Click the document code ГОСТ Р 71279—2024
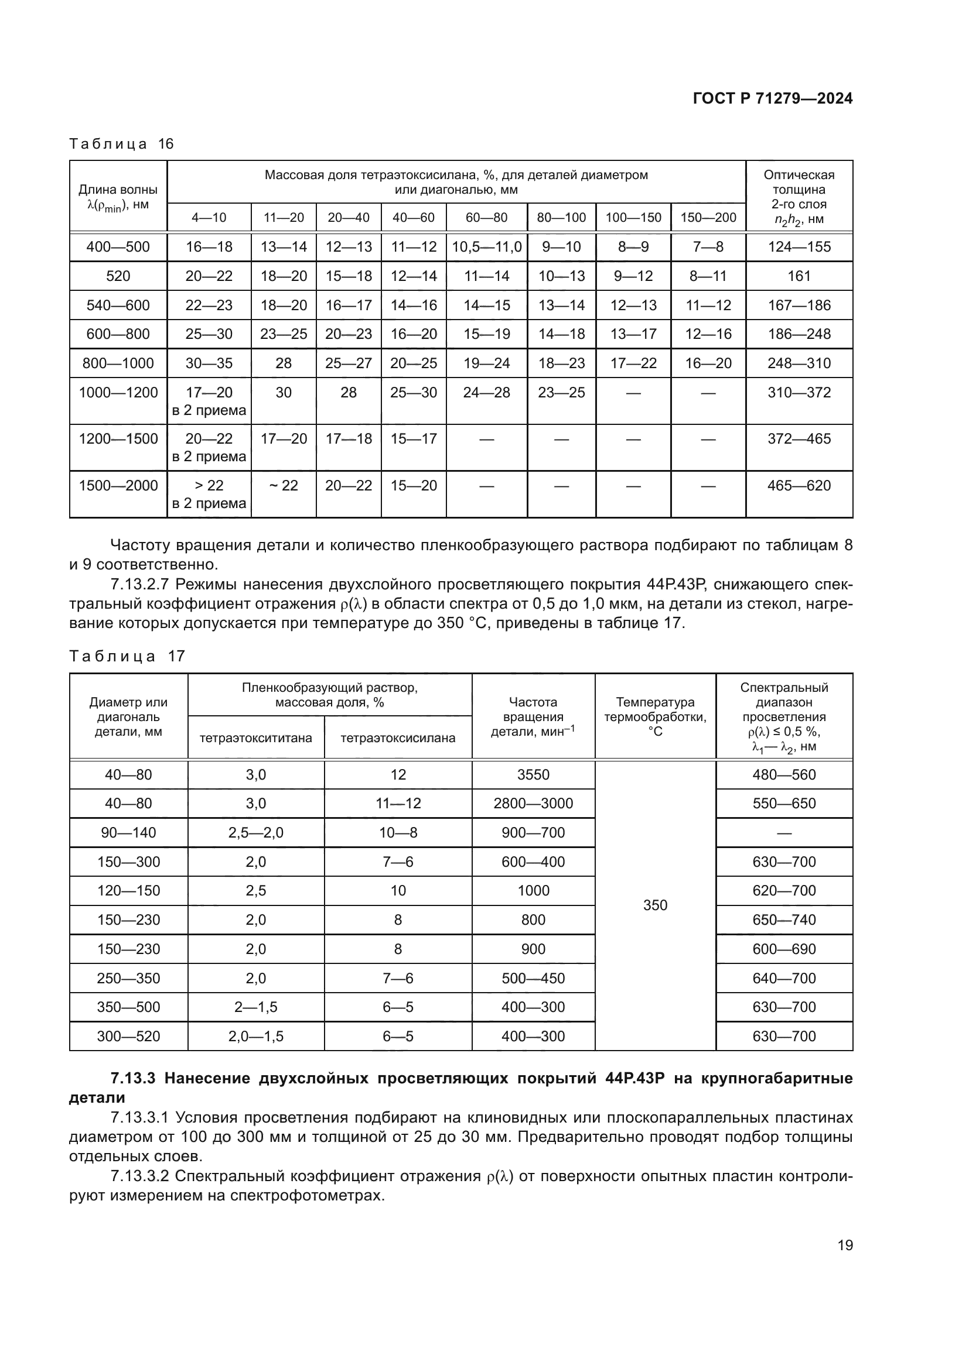772,99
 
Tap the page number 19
845,1245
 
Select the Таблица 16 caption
121,144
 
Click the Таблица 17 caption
127,657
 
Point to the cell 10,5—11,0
486,247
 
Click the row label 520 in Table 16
118,276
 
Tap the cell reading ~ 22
284,485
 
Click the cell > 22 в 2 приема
209,495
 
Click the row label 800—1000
118,363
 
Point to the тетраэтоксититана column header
255,738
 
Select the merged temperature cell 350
654,905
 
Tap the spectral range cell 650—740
783,920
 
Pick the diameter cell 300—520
128,1037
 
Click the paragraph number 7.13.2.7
140,584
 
